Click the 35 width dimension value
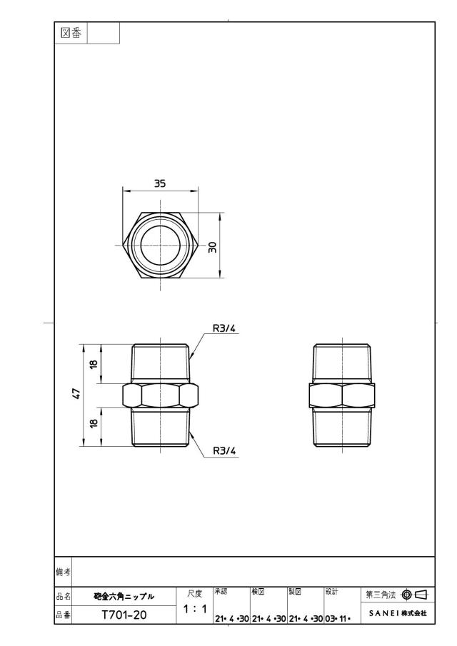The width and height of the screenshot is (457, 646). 160,183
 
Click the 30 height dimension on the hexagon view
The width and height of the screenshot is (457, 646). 213,247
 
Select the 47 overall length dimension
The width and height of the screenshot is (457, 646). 76,394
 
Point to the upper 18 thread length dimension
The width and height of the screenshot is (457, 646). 94,364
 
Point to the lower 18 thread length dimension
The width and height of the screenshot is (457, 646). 94,423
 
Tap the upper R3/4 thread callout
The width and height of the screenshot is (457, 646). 224,328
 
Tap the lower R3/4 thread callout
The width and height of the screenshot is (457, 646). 224,450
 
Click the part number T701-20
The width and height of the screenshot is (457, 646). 124,615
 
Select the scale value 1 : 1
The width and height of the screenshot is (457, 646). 195,609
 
